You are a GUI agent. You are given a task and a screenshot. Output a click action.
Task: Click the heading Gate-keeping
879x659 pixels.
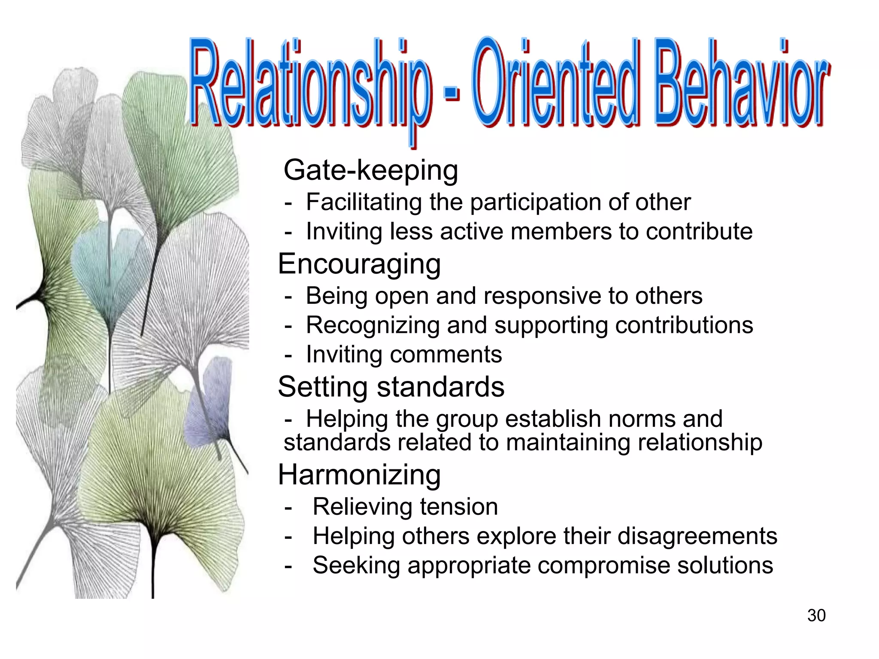tap(371, 170)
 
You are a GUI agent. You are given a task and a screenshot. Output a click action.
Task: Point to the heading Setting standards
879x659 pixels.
tap(391, 387)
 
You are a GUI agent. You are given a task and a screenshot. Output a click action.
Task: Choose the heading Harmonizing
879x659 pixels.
tap(359, 475)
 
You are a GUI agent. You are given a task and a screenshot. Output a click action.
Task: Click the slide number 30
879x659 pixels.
tap(816, 615)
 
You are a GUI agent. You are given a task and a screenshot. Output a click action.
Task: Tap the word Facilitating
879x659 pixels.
tap(364, 202)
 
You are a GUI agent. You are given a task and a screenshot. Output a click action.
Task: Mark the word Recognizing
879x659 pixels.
tap(373, 325)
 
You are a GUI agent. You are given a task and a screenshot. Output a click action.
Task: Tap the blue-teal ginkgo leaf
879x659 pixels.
tap(105, 266)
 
